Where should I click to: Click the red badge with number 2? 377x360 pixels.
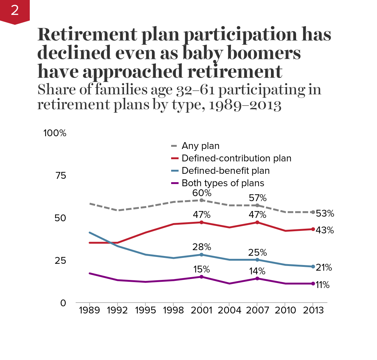15,11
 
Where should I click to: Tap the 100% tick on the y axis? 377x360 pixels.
55,133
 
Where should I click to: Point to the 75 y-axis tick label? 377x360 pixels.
60,176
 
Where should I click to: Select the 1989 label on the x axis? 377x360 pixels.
89,310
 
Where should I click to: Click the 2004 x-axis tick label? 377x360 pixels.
229,310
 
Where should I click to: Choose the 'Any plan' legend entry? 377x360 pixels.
200,146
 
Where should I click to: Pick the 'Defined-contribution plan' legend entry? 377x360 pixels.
236,158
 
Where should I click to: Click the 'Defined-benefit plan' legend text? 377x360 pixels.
225,171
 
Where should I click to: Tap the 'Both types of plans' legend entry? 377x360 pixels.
223,183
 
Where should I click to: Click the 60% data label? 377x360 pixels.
202,193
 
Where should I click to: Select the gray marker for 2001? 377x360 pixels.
202,200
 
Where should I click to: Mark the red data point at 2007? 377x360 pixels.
257,222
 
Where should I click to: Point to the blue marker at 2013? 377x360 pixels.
313,267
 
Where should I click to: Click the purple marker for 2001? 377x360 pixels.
202,277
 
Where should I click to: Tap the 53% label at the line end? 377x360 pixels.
325,214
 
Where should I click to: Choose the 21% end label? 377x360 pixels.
324,268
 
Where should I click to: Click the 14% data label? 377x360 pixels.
257,272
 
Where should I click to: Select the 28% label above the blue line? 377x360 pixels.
202,247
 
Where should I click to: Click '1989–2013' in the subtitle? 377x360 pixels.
245,105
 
